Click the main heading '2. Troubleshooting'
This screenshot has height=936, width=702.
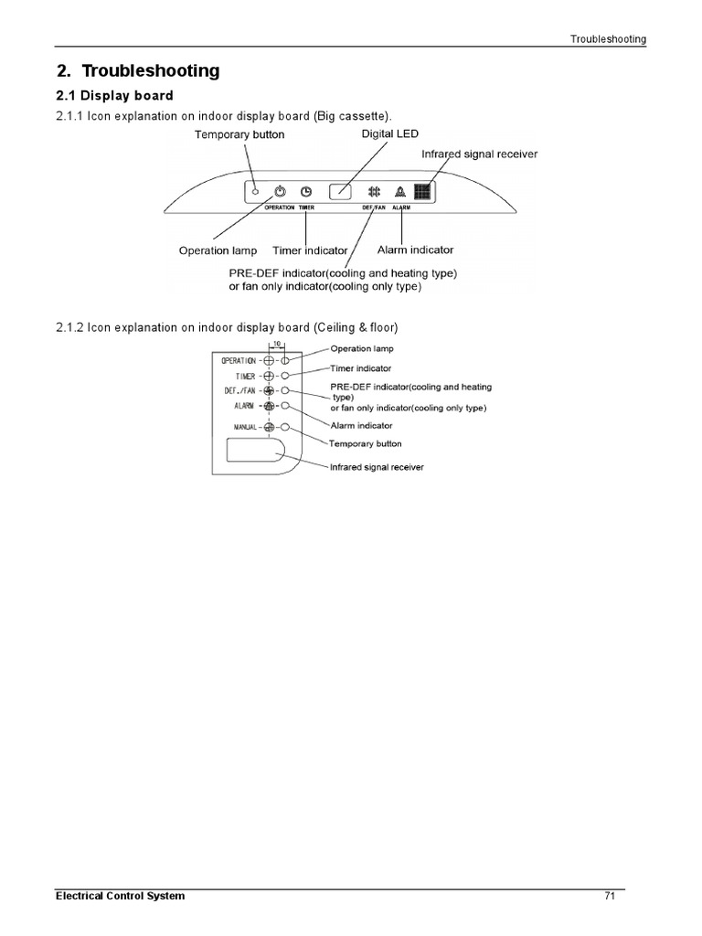(137, 71)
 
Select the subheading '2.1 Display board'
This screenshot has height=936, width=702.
(114, 96)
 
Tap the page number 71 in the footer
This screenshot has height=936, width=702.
(610, 896)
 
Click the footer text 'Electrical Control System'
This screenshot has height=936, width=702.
(121, 896)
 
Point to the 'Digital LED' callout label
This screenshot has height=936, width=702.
(390, 134)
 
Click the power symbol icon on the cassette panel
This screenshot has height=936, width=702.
(281, 192)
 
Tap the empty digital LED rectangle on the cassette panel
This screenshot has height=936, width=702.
(340, 192)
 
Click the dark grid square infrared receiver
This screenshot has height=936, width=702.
(422, 192)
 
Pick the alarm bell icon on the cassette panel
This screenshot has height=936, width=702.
(399, 192)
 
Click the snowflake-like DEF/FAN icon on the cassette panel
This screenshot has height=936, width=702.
(374, 192)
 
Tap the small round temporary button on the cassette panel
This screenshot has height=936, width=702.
(256, 192)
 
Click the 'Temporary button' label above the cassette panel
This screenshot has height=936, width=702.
(239, 135)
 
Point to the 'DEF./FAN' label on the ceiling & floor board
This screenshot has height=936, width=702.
(240, 390)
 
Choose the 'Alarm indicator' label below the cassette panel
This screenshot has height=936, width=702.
(415, 250)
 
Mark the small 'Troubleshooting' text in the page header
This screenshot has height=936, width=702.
(608, 39)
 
